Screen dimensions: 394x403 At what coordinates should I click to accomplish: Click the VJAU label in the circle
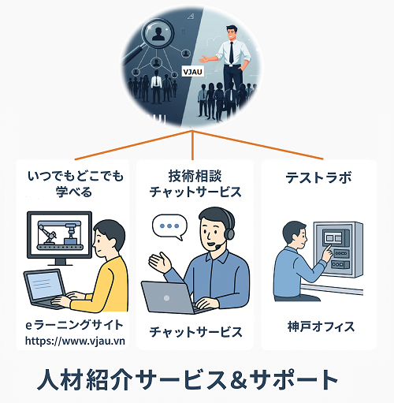point(193,72)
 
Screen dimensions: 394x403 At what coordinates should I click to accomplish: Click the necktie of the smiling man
point(231,53)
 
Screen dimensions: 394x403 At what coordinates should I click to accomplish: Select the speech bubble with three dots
point(169,226)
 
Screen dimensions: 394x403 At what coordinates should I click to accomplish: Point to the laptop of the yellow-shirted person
point(46,289)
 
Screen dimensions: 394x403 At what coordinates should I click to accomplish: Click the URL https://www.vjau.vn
point(75,341)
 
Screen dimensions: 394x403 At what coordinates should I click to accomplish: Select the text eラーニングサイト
point(74,325)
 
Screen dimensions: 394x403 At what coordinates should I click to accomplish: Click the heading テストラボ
point(318,177)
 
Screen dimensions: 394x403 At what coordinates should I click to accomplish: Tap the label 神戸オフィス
point(321,327)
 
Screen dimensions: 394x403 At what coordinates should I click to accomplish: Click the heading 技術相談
point(195,176)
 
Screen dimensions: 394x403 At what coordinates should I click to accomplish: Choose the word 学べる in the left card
point(74,192)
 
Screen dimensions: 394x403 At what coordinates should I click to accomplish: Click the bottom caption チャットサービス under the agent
point(195,332)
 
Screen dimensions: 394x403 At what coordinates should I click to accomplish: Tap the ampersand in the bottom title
point(237,380)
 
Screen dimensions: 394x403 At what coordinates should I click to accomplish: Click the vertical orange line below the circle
point(192,145)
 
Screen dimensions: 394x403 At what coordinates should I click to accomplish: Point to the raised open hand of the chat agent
point(160,262)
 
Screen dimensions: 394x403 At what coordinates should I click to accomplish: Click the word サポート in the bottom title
point(294,380)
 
